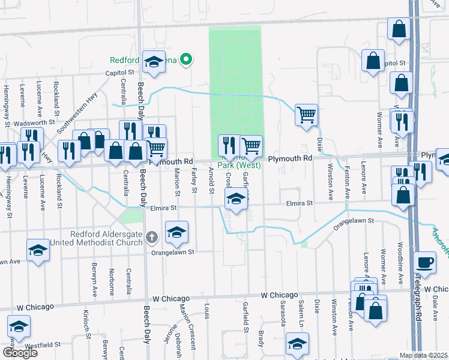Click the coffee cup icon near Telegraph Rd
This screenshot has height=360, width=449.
426,263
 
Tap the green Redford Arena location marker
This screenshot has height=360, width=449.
186,59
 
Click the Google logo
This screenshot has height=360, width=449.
20,353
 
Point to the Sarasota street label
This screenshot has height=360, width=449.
282,311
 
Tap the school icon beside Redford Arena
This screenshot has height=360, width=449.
154,62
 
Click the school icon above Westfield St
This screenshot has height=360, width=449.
19,327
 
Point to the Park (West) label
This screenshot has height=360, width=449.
235,165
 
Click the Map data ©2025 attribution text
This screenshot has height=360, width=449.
423,355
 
